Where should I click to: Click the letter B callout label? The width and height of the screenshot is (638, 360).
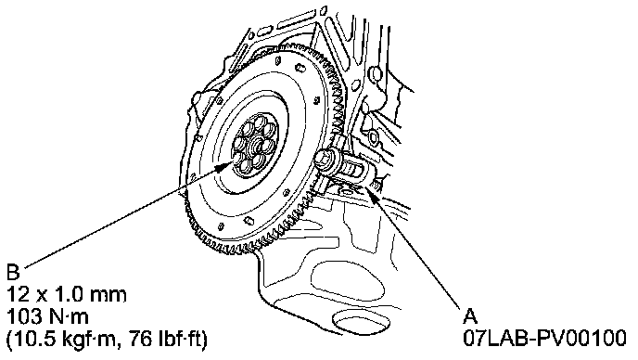13,272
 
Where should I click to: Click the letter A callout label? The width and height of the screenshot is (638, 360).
470,315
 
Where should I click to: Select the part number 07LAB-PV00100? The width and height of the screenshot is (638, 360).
544,338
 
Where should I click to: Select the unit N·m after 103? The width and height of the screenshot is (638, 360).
67,316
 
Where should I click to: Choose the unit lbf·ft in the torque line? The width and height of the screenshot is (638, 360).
178,338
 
